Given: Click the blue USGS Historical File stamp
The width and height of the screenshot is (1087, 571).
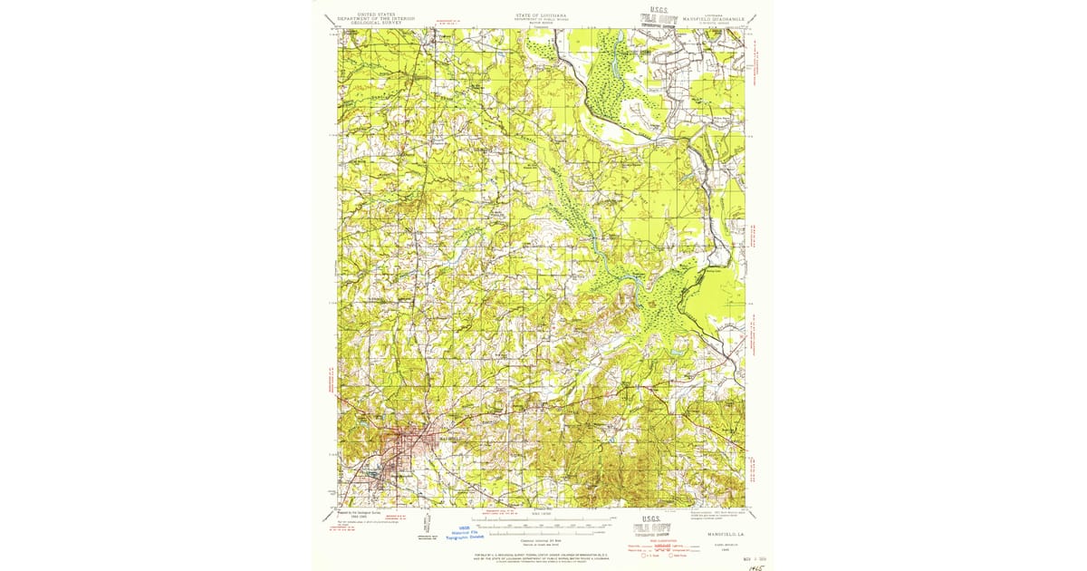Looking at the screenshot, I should pyautogui.click(x=466, y=535).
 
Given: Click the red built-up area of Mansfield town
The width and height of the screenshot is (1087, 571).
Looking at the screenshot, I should pyautogui.click(x=403, y=444).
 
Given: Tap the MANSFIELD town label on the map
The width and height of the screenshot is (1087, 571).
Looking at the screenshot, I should pyautogui.click(x=450, y=438).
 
